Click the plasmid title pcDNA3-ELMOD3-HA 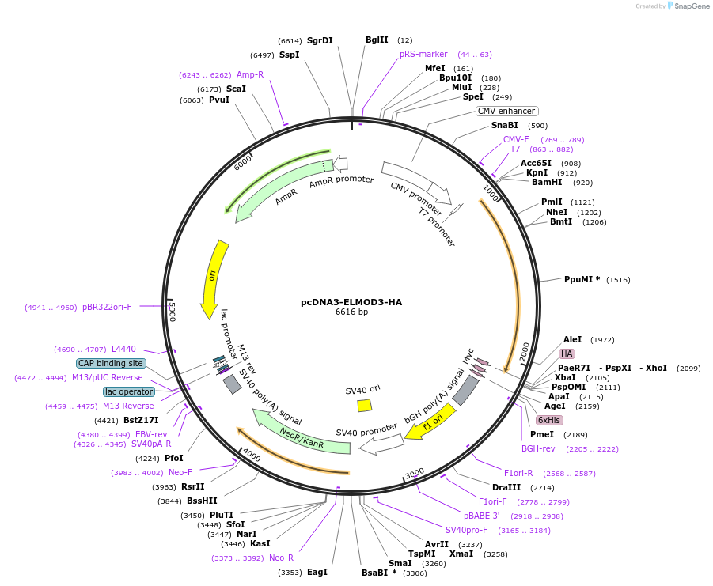[351, 302]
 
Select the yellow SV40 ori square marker [365, 405]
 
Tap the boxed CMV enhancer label [506, 111]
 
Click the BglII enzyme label [377, 40]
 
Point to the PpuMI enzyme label [582, 279]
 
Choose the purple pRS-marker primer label [423, 54]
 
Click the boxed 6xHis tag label [548, 420]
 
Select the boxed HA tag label [567, 353]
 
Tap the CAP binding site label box [111, 363]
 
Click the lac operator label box [129, 391]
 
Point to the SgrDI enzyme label [320, 40]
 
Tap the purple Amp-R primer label [250, 74]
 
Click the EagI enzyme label [317, 572]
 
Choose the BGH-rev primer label [538, 448]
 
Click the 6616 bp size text [351, 312]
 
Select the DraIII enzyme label [506, 487]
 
